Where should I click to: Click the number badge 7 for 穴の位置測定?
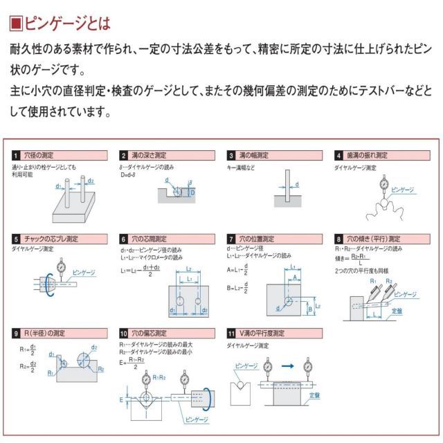(232, 239)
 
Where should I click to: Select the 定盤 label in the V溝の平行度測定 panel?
(314, 395)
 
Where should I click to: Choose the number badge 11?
(232, 333)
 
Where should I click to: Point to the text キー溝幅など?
(242, 168)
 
